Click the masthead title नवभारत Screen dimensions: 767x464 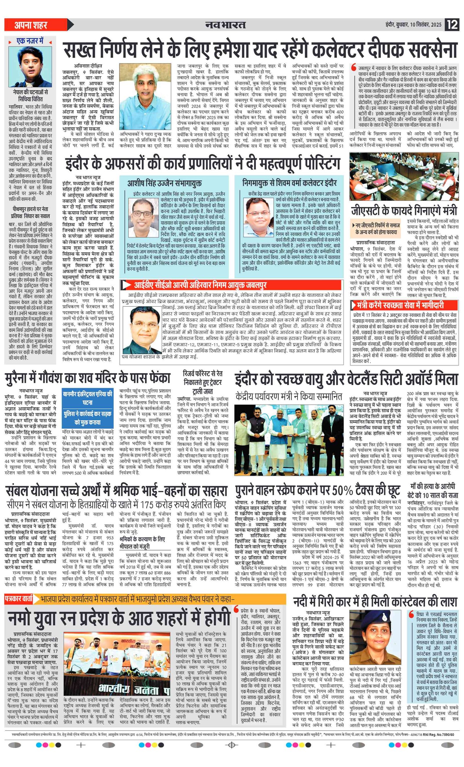(225, 25)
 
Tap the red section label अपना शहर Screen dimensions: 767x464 (31, 25)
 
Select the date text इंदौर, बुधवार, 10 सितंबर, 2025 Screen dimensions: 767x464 (413, 25)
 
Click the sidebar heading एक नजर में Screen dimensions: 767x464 (30, 41)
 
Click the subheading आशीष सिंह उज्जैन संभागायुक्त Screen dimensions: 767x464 (164, 183)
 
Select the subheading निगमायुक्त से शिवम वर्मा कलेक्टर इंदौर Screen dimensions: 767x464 (289, 183)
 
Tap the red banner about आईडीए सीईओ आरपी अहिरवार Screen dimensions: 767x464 (200, 285)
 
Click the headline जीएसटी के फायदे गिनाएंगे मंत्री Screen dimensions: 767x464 (404, 211)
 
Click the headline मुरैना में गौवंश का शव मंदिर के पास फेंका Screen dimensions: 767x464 (88, 378)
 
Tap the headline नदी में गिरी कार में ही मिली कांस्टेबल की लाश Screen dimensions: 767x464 (376, 602)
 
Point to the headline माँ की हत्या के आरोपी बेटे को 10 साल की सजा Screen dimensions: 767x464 (433, 490)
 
